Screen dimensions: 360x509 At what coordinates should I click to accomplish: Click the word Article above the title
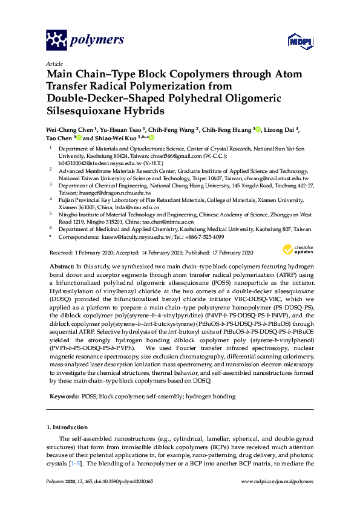(54, 63)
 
